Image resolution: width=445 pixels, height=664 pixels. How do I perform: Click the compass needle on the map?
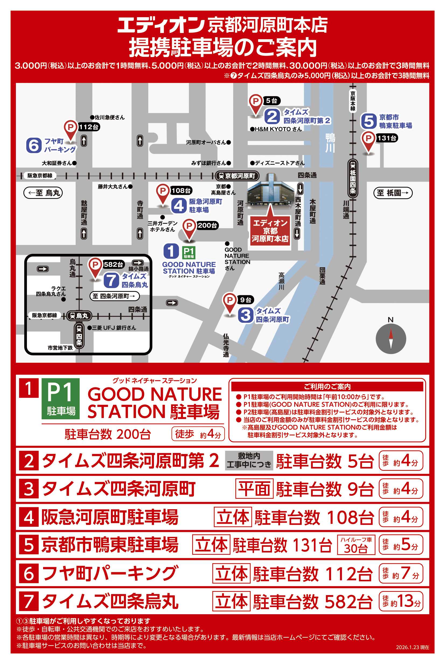click(x=391, y=339)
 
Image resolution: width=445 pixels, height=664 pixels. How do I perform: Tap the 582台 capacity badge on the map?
click(x=113, y=265)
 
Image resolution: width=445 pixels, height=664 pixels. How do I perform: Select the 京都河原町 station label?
click(x=237, y=176)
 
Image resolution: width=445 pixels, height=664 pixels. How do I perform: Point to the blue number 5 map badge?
click(x=368, y=121)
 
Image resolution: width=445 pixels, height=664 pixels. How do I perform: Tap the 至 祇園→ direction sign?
click(x=393, y=193)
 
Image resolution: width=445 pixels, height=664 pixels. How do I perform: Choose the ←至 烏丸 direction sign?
click(x=43, y=193)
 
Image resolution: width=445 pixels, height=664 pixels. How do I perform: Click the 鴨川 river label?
click(x=330, y=143)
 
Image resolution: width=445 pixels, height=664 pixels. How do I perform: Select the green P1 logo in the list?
click(x=61, y=398)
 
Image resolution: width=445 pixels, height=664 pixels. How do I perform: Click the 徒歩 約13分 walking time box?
click(x=401, y=601)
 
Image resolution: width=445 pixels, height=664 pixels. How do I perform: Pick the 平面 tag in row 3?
click(x=254, y=489)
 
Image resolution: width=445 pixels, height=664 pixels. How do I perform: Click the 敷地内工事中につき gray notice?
click(x=249, y=460)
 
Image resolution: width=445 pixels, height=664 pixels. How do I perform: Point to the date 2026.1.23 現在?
click(x=412, y=647)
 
